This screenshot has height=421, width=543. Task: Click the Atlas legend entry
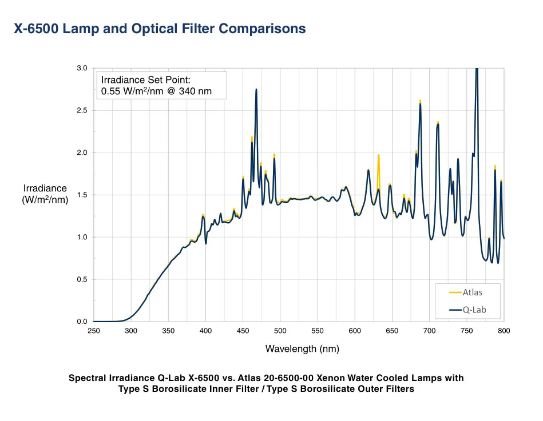coord(472,292)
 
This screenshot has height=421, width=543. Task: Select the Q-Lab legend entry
coord(474,310)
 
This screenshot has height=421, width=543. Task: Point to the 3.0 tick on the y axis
coord(82,69)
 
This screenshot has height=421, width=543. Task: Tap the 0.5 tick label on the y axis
coord(82,280)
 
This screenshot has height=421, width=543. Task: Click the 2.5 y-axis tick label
coord(82,111)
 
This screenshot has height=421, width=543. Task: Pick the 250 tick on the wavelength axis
coord(93,331)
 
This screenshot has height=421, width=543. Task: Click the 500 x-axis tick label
coord(280,331)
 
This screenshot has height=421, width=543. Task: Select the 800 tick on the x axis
coord(504,331)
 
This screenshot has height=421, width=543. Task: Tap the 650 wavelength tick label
coord(392,331)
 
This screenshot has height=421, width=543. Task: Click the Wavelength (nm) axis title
coord(302,349)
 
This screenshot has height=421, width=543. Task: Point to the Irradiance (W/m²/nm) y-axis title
coord(45,194)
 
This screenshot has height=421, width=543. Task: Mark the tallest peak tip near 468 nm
coord(256,89)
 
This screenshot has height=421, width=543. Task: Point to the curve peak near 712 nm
coord(438,122)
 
